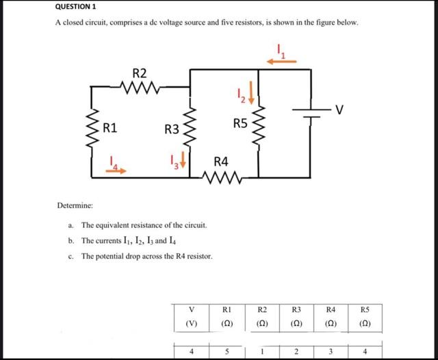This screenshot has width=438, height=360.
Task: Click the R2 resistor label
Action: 139,73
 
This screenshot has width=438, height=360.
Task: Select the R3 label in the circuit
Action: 171,129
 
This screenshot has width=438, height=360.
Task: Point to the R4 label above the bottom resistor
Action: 221,162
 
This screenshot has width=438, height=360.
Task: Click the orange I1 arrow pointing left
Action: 281,61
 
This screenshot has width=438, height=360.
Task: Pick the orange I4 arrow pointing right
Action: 118,170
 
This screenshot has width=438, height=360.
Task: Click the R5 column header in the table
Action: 363,309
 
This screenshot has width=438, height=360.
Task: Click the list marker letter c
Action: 71,256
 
